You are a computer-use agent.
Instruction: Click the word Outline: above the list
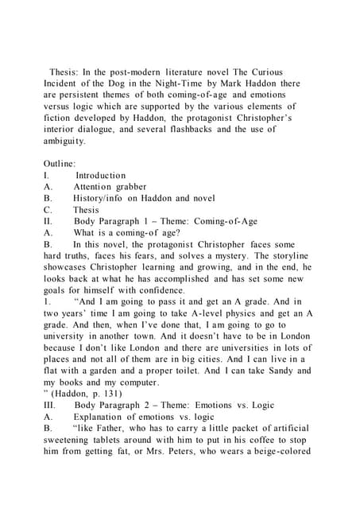point(60,162)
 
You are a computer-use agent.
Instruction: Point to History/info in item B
point(103,197)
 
